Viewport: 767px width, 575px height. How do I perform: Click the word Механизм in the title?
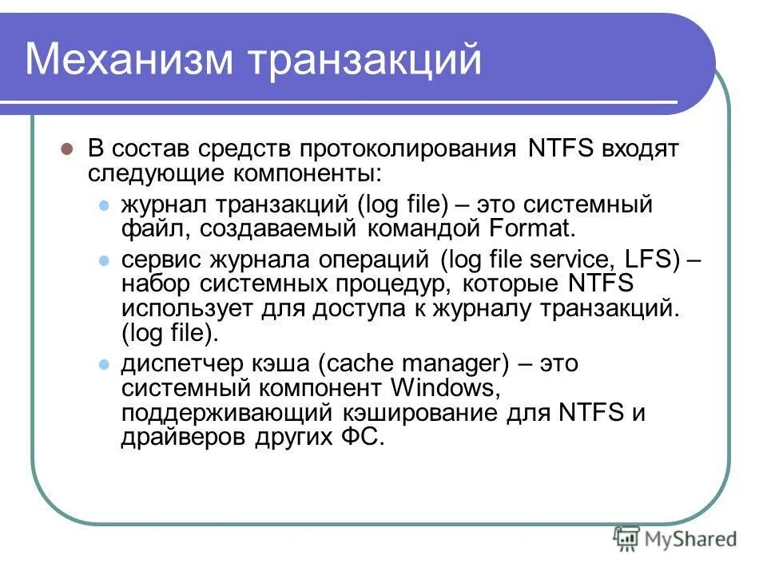click(128, 60)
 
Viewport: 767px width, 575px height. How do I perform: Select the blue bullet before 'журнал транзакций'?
click(102, 205)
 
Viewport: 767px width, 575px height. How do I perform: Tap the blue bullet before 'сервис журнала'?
click(102, 261)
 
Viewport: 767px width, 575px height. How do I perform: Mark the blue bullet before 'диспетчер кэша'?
click(102, 365)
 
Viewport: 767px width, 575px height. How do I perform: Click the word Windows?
click(443, 389)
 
